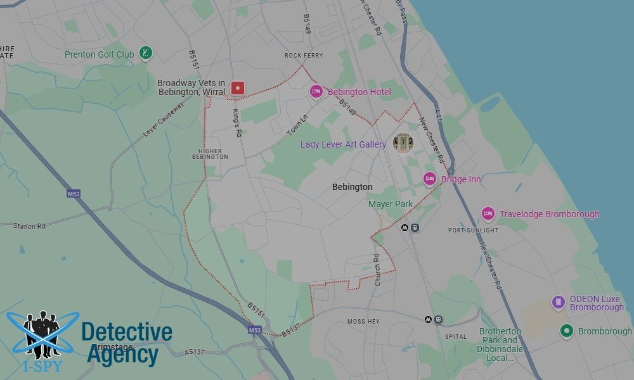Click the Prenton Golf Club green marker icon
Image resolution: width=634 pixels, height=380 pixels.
pyautogui.click(x=146, y=53)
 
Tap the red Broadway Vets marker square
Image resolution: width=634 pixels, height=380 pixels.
pyautogui.click(x=237, y=88)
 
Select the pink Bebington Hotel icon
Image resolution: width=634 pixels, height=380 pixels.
pyautogui.click(x=316, y=92)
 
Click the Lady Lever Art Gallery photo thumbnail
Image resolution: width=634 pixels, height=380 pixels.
pyautogui.click(x=403, y=143)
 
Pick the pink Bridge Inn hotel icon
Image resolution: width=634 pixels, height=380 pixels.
pyautogui.click(x=430, y=179)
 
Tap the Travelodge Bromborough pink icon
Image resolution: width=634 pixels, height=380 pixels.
pyautogui.click(x=488, y=214)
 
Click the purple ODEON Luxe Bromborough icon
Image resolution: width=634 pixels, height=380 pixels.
pyautogui.click(x=558, y=302)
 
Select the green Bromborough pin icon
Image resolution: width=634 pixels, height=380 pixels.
pyautogui.click(x=567, y=331)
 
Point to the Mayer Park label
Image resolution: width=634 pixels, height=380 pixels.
pyautogui.click(x=391, y=204)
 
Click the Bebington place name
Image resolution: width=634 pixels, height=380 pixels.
pyautogui.click(x=352, y=187)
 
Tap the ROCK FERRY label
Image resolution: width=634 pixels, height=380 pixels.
pyautogui.click(x=304, y=56)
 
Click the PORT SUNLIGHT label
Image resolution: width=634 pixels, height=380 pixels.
pyautogui.click(x=473, y=230)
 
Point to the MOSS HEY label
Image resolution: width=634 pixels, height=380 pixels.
pyautogui.click(x=363, y=322)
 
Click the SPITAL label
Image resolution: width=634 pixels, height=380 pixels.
pyautogui.click(x=456, y=336)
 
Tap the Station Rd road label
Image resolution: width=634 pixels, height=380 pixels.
pyautogui.click(x=29, y=225)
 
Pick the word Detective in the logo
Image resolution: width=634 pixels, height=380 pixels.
pyautogui.click(x=127, y=332)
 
